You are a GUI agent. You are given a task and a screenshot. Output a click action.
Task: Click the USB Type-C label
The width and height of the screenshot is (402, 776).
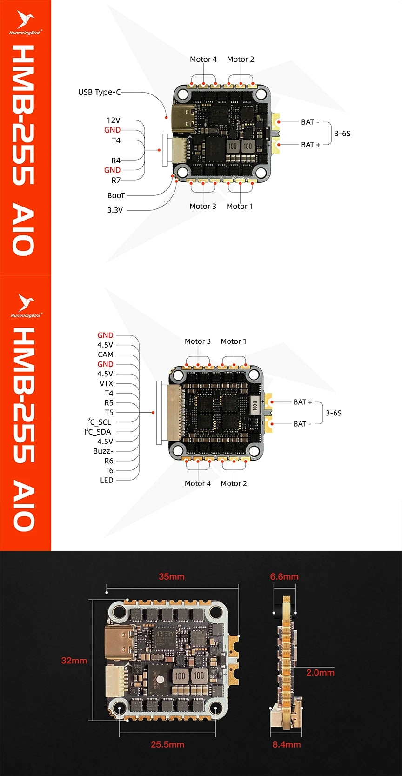point(99,92)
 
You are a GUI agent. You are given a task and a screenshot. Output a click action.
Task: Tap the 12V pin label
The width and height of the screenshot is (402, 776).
point(114,120)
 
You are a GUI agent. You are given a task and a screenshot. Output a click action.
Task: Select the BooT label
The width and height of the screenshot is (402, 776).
point(116,195)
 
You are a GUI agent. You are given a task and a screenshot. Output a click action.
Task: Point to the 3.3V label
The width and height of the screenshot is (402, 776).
point(115,210)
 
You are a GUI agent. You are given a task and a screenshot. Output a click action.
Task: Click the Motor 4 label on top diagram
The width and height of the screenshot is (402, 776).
point(203,59)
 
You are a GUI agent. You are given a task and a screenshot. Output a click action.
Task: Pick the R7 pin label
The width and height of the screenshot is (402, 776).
point(116,180)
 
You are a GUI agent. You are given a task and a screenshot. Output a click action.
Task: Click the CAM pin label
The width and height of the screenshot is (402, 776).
point(106,355)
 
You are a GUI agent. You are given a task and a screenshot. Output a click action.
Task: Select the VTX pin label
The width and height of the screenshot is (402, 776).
point(106,383)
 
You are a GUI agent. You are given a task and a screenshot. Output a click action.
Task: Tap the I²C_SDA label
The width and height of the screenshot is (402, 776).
point(98,432)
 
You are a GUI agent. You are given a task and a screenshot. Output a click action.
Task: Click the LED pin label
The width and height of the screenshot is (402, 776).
point(107,480)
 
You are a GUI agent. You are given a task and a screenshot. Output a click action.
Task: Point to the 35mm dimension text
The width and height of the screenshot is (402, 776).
point(172,576)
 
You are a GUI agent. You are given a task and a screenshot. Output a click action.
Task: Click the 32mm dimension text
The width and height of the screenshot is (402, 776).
point(74,660)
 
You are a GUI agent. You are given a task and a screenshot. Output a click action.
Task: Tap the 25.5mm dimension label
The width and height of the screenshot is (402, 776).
point(167,744)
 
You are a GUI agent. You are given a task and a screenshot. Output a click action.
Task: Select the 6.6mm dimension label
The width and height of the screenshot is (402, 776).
point(284,576)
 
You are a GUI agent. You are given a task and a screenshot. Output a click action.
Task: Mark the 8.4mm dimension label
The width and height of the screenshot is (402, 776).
point(287,744)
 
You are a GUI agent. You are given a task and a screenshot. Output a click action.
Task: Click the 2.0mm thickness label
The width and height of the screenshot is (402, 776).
point(320,672)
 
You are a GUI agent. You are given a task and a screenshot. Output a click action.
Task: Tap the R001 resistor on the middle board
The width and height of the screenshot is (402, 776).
point(255,404)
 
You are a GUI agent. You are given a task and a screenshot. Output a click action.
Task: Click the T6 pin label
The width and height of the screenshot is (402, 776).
point(109,470)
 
